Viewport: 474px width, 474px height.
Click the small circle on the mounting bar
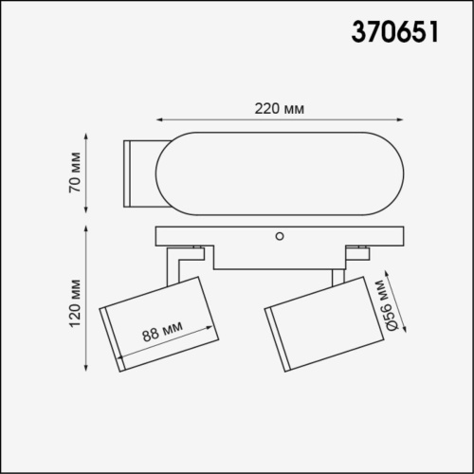[280, 233]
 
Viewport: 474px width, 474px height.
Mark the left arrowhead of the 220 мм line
[159, 120]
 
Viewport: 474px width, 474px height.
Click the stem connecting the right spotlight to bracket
[336, 276]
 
